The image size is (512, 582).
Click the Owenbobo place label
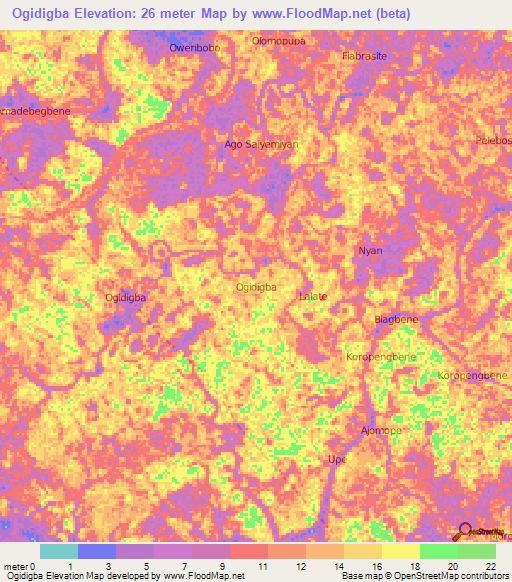click(x=194, y=47)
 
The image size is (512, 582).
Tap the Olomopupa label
click(x=276, y=41)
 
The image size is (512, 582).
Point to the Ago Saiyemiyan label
click(x=262, y=144)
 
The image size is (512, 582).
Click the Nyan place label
click(x=370, y=251)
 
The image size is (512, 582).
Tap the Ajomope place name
click(x=380, y=431)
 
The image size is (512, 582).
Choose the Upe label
click(x=337, y=459)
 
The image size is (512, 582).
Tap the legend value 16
click(x=377, y=566)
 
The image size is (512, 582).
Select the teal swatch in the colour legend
click(x=59, y=551)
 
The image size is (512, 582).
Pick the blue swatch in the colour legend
click(x=97, y=551)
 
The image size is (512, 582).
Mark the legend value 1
click(x=69, y=566)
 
